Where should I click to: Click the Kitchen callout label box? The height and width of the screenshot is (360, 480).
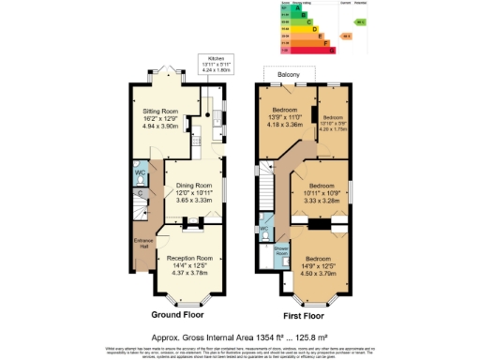click(x=215, y=63)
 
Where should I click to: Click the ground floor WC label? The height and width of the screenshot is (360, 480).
click(x=139, y=173)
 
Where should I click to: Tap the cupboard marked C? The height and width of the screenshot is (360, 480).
click(x=141, y=194)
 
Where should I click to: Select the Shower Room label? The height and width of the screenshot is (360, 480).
click(x=280, y=250)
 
